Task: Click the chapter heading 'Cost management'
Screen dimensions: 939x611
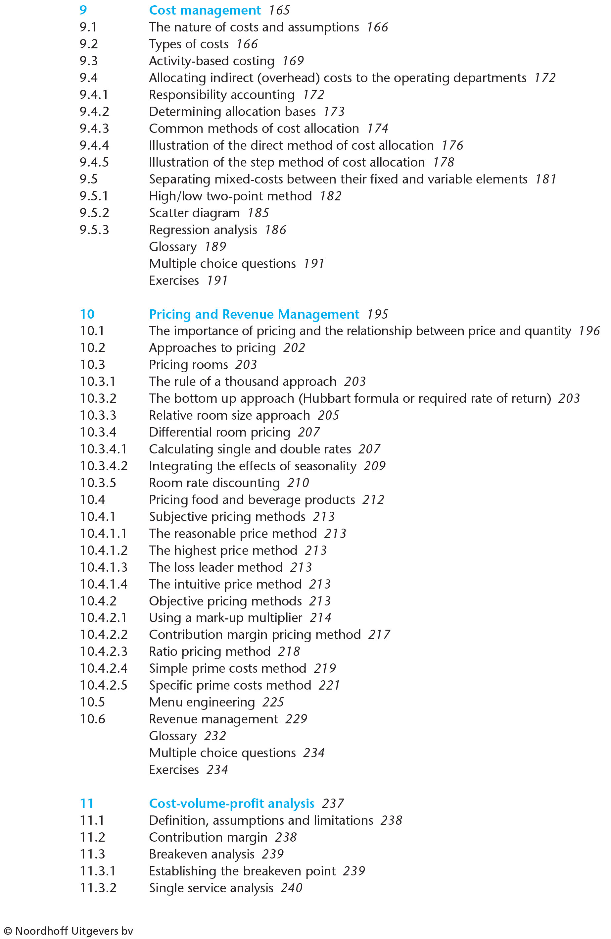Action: pyautogui.click(x=205, y=10)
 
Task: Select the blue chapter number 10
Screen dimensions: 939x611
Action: pyautogui.click(x=87, y=314)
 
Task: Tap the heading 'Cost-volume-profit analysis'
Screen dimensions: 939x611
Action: pyautogui.click(x=231, y=803)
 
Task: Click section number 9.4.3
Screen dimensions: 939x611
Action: pyautogui.click(x=94, y=129)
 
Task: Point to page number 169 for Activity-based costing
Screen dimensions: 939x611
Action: pyautogui.click(x=293, y=61)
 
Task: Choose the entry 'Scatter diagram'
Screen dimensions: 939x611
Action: pyautogui.click(x=194, y=213)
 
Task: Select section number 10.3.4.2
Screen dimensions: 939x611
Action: pyautogui.click(x=104, y=466)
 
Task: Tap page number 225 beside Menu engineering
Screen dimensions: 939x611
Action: pyautogui.click(x=273, y=702)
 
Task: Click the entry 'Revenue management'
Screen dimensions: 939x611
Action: pyautogui.click(x=213, y=719)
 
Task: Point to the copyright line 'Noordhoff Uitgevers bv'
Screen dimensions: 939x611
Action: pyautogui.click(x=69, y=931)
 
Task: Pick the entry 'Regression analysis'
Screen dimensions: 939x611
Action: pyautogui.click(x=203, y=230)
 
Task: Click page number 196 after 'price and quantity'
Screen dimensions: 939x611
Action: pyautogui.click(x=589, y=331)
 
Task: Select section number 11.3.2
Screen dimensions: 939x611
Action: pyautogui.click(x=98, y=888)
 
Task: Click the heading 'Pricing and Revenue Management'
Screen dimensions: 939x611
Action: pyautogui.click(x=254, y=314)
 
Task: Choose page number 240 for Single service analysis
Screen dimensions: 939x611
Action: pyautogui.click(x=291, y=888)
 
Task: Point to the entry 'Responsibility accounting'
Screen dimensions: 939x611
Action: pyautogui.click(x=221, y=95)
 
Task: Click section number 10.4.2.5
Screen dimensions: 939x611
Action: pyautogui.click(x=104, y=685)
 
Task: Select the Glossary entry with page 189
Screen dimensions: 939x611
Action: pyautogui.click(x=173, y=247)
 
